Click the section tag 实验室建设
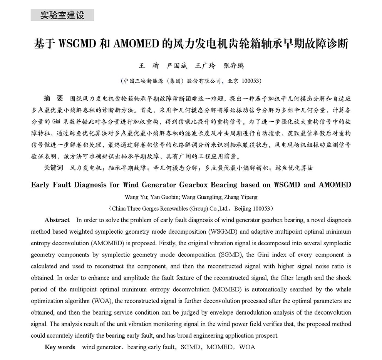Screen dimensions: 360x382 (x=62, y=16)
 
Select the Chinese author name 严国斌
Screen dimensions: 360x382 (x=177, y=65)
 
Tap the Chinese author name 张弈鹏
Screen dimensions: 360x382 (x=234, y=65)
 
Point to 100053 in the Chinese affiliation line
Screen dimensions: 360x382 (x=252, y=81)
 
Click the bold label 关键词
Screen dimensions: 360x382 (x=54, y=168)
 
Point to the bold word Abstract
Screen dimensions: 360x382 (x=57, y=220)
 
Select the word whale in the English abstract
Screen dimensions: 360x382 (x=343, y=290)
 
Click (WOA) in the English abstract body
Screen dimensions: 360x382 (x=101, y=301)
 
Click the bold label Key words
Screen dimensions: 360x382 (x=60, y=347)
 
